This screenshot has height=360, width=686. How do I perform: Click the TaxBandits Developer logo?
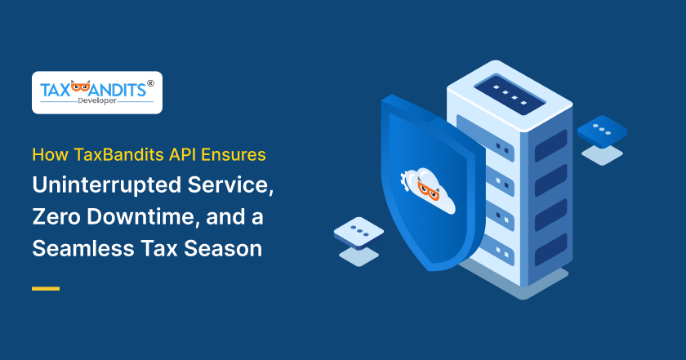pos(96,91)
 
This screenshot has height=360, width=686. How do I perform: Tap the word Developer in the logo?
pos(96,102)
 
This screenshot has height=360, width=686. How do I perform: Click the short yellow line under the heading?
pos(46,288)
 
